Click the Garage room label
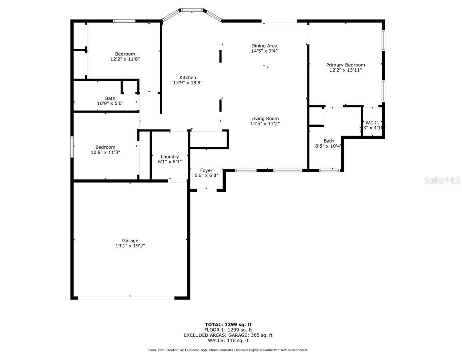pos(130,240)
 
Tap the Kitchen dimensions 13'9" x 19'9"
pos(188,83)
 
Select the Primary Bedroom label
pos(345,65)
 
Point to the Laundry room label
pos(170,157)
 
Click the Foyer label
pos(206,170)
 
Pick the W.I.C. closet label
pos(372,123)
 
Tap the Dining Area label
pos(264,46)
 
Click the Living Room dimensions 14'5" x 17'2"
pos(265,124)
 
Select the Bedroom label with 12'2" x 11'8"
pos(125,54)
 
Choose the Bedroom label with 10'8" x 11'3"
pos(105,147)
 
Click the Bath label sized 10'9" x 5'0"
pos(110,98)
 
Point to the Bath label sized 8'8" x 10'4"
pos(329,141)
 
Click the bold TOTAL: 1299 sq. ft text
pos(228,325)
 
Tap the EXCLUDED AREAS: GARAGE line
pos(228,335)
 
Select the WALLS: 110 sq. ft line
pos(228,340)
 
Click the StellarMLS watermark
pos(442,180)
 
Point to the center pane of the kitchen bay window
pos(191,10)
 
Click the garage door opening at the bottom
pos(126,298)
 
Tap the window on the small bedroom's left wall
pos(72,146)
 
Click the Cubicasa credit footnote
pos(228,350)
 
